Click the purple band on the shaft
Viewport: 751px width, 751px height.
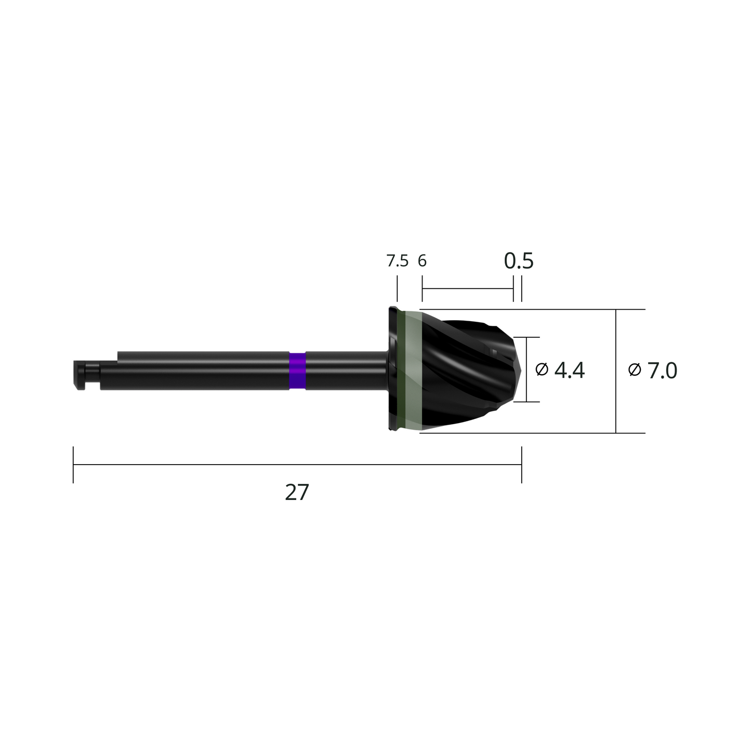(297, 370)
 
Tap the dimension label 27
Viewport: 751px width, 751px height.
(297, 492)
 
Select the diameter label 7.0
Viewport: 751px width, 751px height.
(662, 371)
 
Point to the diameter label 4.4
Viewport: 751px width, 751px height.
(569, 370)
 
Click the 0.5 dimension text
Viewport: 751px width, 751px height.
(519, 260)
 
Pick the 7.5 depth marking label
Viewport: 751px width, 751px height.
(397, 261)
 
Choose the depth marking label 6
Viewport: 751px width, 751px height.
(422, 261)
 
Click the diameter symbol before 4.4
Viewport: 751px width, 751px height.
(542, 370)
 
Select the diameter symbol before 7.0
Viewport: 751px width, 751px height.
(635, 370)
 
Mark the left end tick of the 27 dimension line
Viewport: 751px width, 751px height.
(73, 465)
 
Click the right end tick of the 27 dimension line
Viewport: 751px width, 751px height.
(521, 465)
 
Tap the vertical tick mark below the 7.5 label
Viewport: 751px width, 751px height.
(397, 288)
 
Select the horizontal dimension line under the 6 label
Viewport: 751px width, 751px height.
(468, 288)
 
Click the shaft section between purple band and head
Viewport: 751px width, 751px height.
(346, 370)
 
